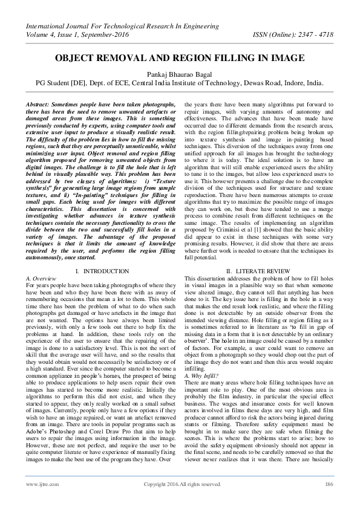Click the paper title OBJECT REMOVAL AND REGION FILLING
click(180, 61)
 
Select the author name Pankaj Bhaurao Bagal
click(180, 74)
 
